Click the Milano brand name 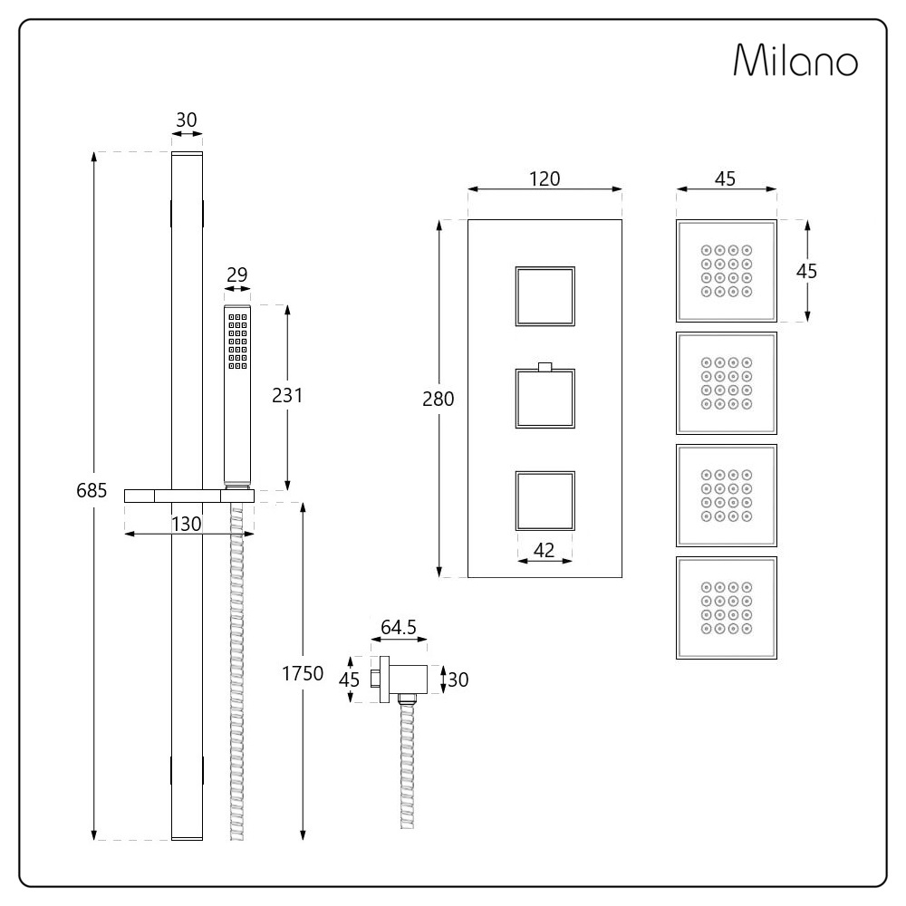pyautogui.click(x=795, y=60)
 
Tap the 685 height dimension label pyautogui.click(x=92, y=490)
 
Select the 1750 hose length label pyautogui.click(x=303, y=673)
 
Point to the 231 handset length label pyautogui.click(x=287, y=396)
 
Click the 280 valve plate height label pyautogui.click(x=438, y=399)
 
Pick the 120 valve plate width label pyautogui.click(x=545, y=179)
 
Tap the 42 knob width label pyautogui.click(x=545, y=550)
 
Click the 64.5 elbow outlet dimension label pyautogui.click(x=399, y=627)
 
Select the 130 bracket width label pyautogui.click(x=187, y=524)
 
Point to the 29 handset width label pyautogui.click(x=236, y=275)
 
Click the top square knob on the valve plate pyautogui.click(x=545, y=296)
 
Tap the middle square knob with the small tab pyautogui.click(x=545, y=398)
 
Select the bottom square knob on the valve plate pyautogui.click(x=545, y=501)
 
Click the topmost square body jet pyautogui.click(x=727, y=271)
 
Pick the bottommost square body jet pyautogui.click(x=727, y=608)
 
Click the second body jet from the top pyautogui.click(x=727, y=383)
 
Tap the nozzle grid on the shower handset pyautogui.click(x=237, y=341)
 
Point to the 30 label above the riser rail pyautogui.click(x=187, y=120)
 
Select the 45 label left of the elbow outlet pyautogui.click(x=349, y=680)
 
